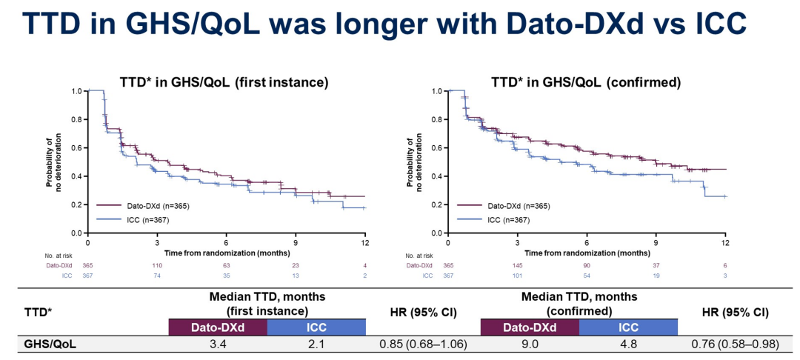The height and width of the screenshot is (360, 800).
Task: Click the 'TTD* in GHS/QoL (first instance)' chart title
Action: click(x=224, y=81)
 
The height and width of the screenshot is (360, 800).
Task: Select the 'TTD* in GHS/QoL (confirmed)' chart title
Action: click(x=586, y=81)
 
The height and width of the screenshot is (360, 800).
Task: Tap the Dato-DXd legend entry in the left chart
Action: click(x=141, y=206)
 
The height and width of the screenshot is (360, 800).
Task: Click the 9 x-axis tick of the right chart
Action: click(x=656, y=242)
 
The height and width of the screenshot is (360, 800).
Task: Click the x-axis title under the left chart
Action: click(x=226, y=253)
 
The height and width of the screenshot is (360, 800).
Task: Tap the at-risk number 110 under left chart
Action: click(x=157, y=265)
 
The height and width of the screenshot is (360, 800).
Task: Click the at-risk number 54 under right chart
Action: click(x=587, y=276)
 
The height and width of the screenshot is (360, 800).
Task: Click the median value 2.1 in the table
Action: click(x=316, y=344)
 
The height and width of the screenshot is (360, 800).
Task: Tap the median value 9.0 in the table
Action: click(x=529, y=344)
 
